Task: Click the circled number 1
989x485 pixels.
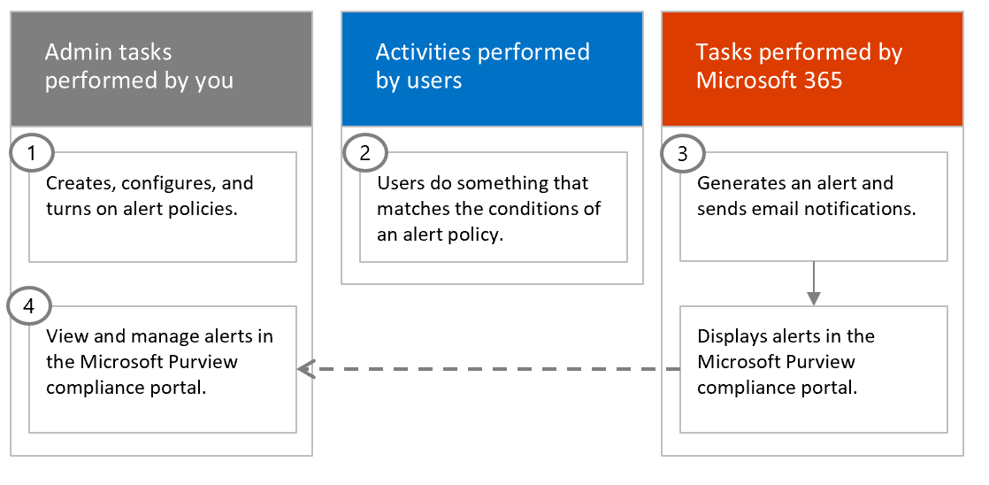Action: (x=32, y=153)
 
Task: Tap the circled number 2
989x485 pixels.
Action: (x=363, y=153)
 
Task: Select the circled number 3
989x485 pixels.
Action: (x=683, y=153)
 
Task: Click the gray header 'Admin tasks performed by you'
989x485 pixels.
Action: (x=161, y=68)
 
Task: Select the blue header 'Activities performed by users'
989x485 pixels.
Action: (x=492, y=68)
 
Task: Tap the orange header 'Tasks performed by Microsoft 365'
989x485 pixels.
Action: (x=812, y=68)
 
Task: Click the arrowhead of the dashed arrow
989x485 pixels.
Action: (x=306, y=369)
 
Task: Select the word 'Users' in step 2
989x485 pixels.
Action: (x=400, y=184)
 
